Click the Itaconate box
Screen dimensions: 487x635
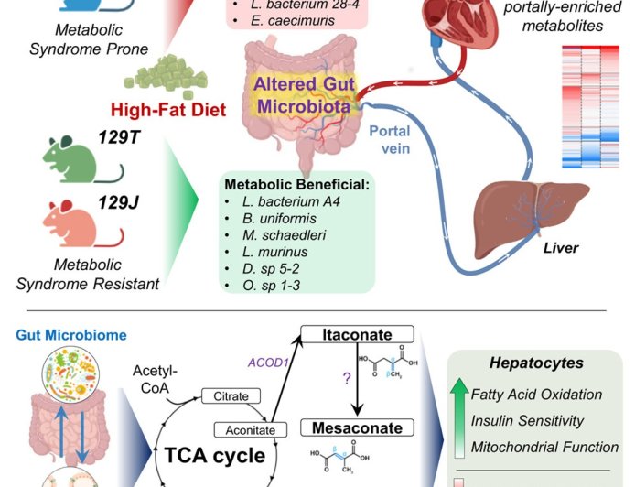361,334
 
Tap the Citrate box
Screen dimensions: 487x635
231,395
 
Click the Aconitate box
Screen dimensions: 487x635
242,429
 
